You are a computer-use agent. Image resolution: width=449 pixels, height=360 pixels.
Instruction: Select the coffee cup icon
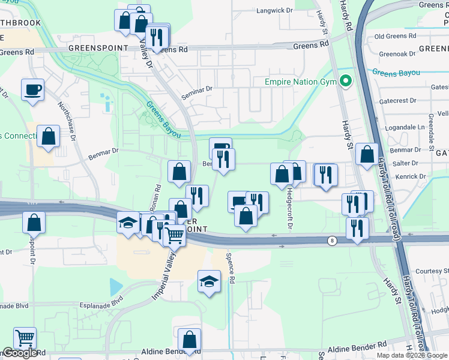pyautogui.click(x=33, y=90)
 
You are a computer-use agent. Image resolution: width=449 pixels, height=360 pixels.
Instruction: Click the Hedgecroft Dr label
pyautogui.click(x=289, y=208)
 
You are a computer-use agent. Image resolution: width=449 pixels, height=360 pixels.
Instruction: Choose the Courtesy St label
pyautogui.click(x=427, y=271)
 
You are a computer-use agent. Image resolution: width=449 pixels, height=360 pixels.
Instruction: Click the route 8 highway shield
pyautogui.click(x=331, y=241)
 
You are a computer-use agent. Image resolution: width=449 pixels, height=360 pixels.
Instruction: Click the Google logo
pyautogui.click(x=20, y=353)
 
